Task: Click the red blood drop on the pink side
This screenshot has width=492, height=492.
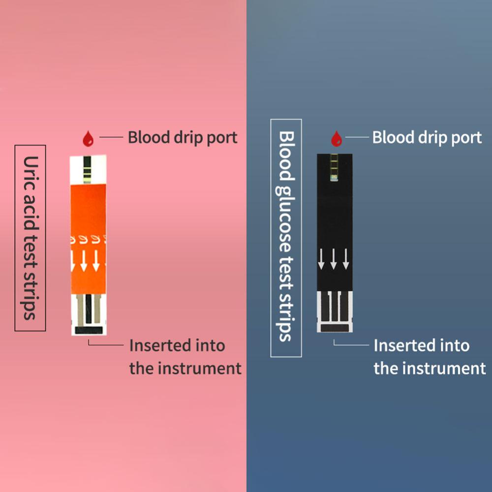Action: (x=88, y=139)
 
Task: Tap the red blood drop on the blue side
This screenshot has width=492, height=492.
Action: (x=337, y=139)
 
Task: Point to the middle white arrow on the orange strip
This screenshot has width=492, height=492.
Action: (x=84, y=260)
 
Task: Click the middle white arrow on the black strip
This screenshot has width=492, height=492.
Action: (x=334, y=259)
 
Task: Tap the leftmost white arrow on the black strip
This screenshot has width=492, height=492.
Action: (x=321, y=259)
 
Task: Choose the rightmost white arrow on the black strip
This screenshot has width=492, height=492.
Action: (x=346, y=259)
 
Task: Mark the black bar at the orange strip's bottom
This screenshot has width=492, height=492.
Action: (x=88, y=329)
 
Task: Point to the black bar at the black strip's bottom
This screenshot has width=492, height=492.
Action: (x=335, y=326)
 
